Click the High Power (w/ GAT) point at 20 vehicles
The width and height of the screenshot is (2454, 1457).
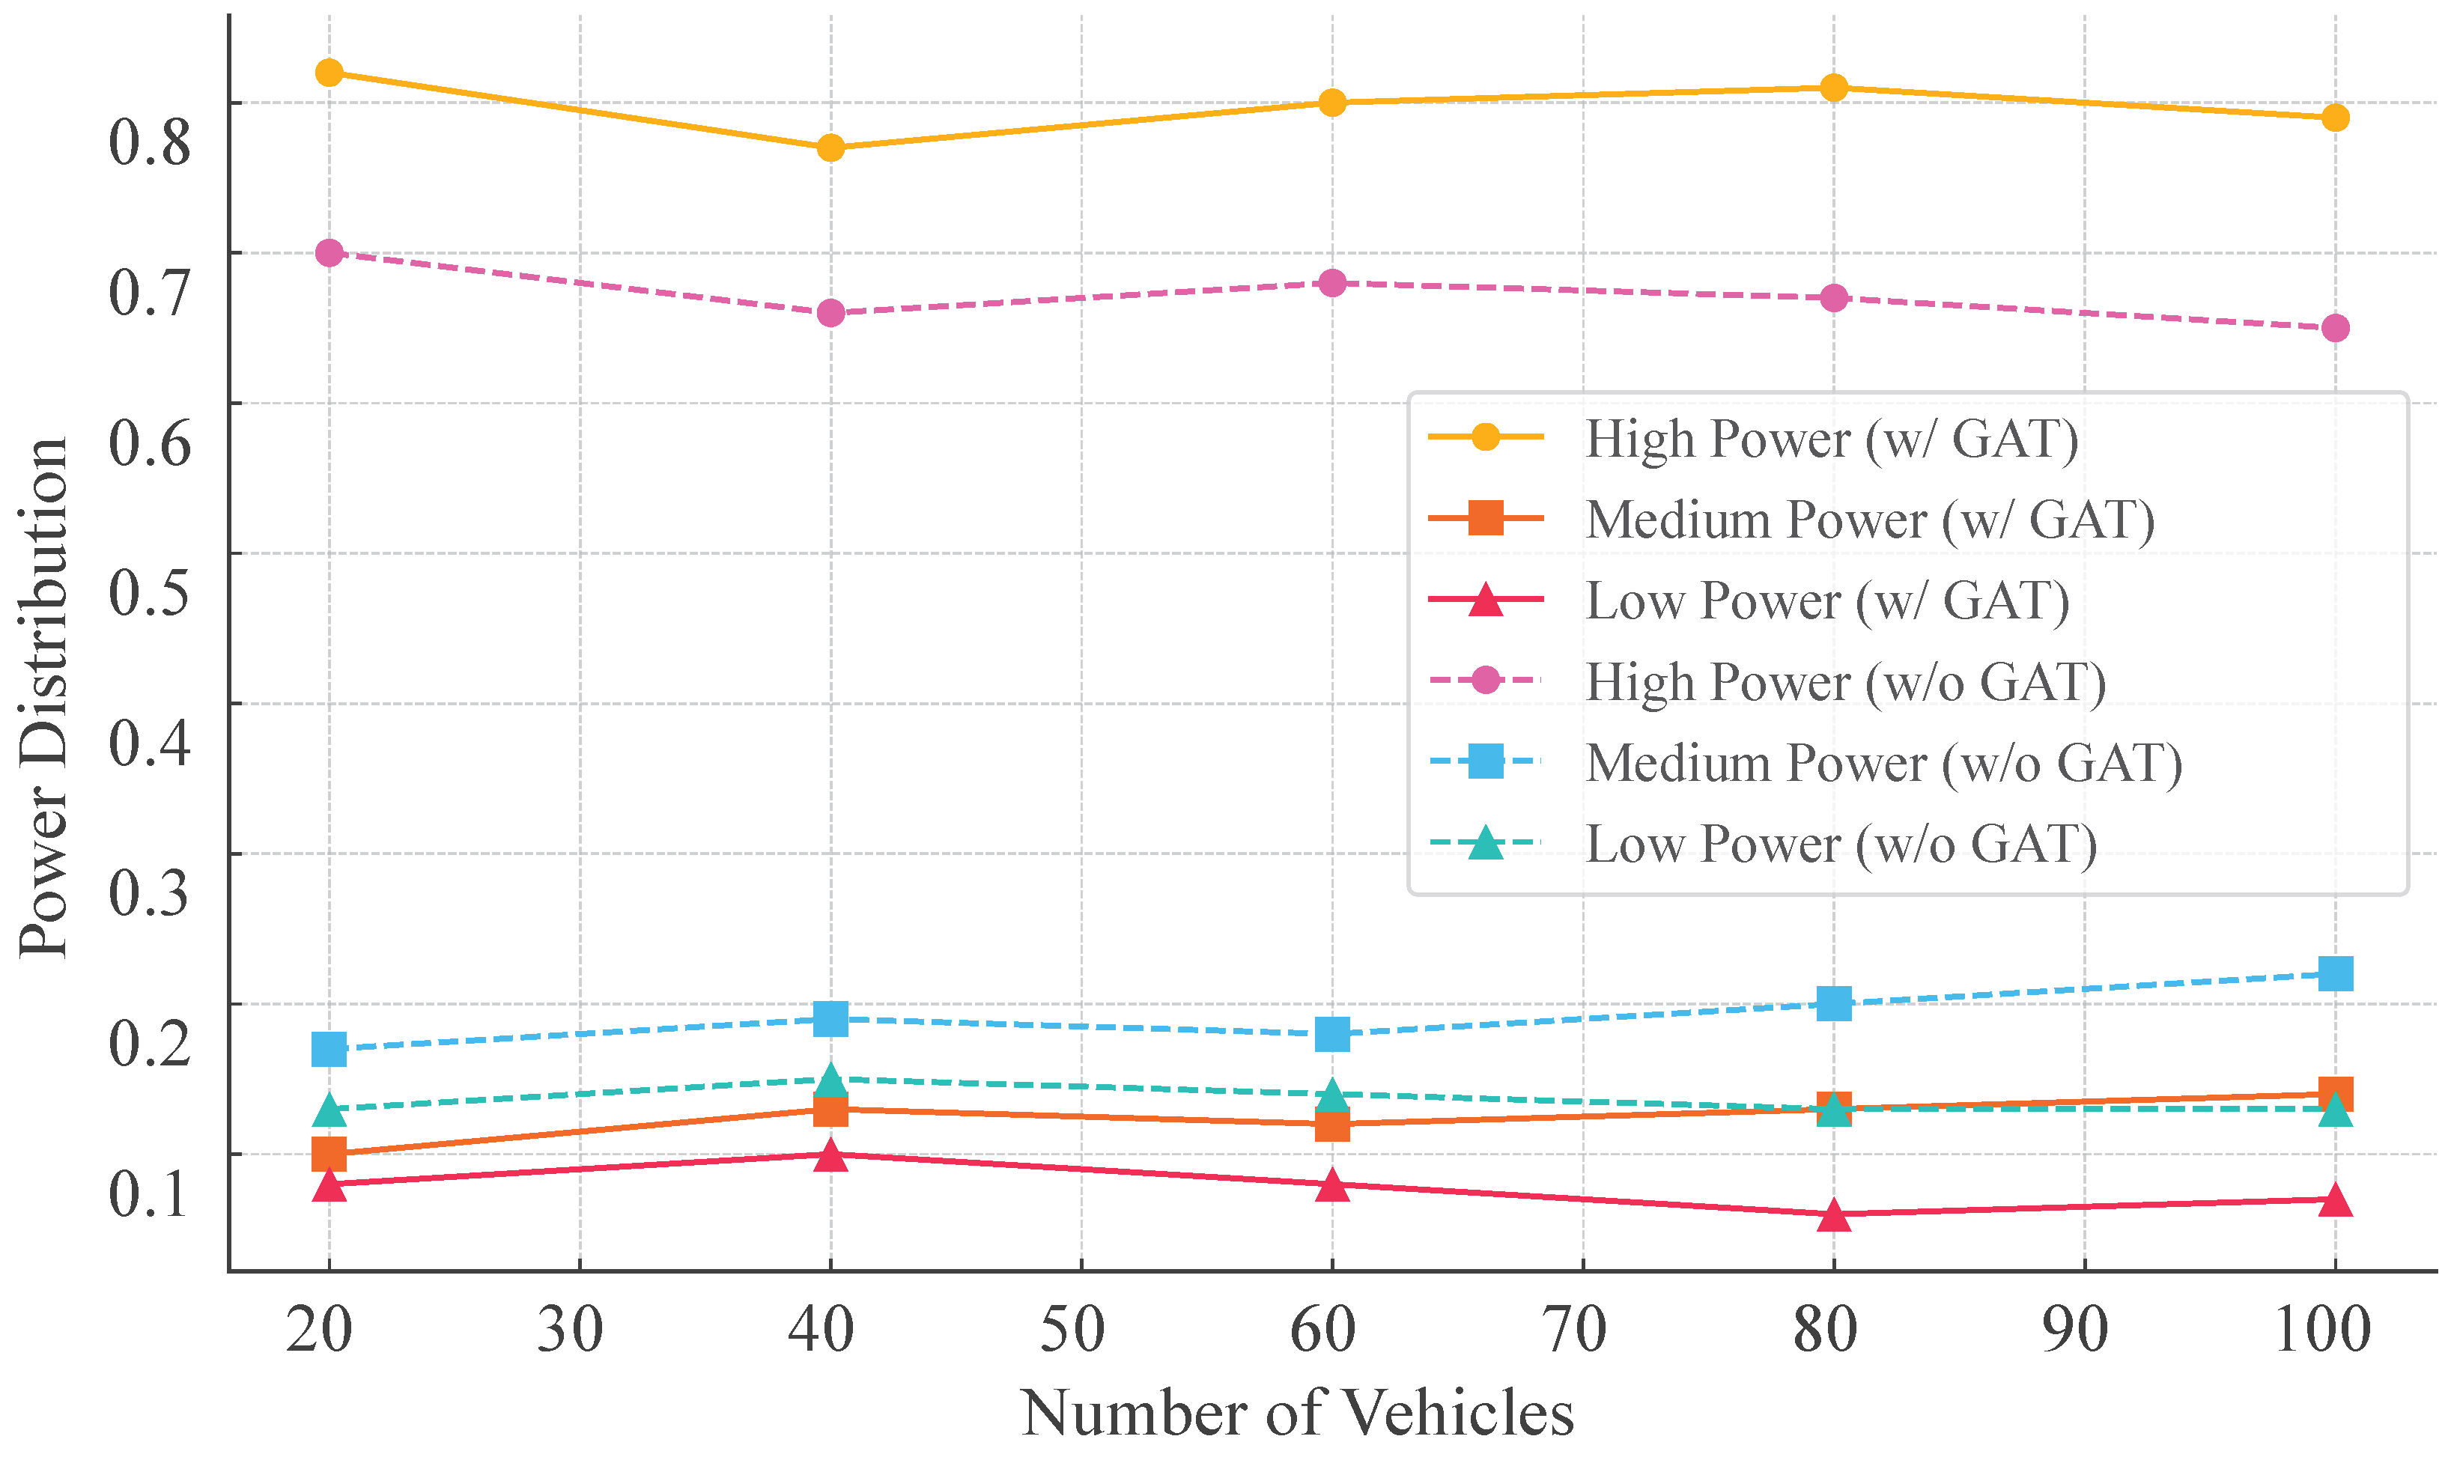(329, 73)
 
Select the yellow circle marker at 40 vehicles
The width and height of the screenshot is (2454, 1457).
(830, 148)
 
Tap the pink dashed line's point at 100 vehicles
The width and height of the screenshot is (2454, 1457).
(2335, 328)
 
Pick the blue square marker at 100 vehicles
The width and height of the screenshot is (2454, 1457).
(2335, 974)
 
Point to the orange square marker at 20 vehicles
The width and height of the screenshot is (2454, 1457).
(329, 1155)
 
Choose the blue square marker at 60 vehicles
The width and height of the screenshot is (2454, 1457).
(1331, 1034)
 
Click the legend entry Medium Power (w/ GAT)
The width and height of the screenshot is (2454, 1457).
(1870, 520)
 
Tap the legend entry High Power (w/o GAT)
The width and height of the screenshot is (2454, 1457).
(1845, 681)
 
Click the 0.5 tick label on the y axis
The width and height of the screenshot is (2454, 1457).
(149, 593)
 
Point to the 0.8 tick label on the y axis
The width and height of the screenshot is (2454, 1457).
(149, 142)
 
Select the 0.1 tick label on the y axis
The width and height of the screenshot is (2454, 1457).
(149, 1194)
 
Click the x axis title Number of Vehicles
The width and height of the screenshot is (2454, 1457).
(1297, 1414)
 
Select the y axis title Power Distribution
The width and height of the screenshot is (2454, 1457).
(44, 697)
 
